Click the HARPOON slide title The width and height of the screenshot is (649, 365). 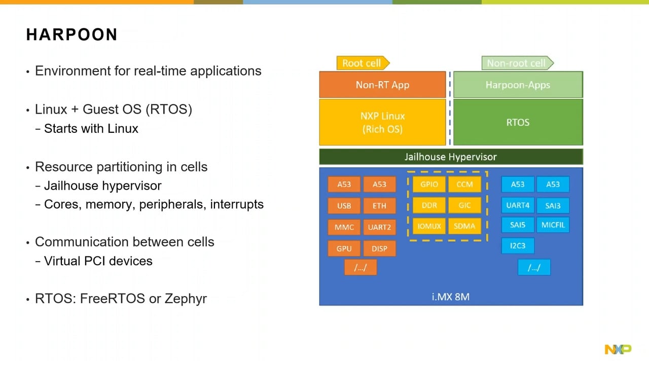(x=72, y=35)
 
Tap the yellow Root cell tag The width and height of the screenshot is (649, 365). (x=362, y=63)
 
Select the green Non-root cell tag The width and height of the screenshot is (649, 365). (x=517, y=63)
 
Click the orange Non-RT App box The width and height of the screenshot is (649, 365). (x=382, y=85)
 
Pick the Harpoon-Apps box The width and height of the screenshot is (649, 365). (x=518, y=85)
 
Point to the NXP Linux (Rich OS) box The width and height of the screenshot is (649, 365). (x=382, y=122)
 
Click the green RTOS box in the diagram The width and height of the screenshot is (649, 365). (x=518, y=122)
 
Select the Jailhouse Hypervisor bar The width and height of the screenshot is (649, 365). (x=451, y=157)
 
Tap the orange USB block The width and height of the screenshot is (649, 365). (x=344, y=206)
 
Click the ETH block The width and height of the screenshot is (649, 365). (x=379, y=206)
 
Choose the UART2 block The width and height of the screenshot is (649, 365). (x=379, y=227)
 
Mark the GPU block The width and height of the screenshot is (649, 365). (x=344, y=249)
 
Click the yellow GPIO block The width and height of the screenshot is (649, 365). (x=429, y=184)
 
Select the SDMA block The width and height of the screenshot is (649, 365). (x=464, y=226)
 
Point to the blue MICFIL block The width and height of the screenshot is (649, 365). (x=553, y=225)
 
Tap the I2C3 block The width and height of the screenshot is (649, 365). (x=518, y=245)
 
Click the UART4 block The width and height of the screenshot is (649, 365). (x=518, y=205)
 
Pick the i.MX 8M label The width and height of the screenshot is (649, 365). (x=451, y=297)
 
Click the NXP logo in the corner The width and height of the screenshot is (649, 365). (x=618, y=349)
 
